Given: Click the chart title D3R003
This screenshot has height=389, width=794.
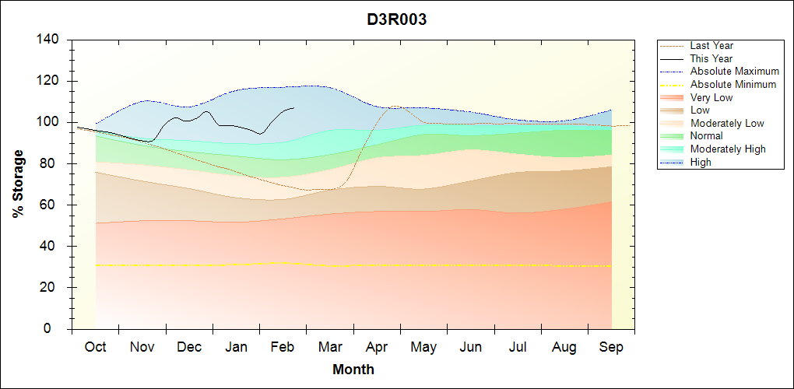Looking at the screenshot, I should click(397, 20).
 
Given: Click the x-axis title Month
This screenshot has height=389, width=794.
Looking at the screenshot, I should click(353, 370).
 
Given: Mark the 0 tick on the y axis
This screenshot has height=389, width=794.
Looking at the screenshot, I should click(58, 329).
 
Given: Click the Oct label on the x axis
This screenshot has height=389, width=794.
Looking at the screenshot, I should click(95, 347).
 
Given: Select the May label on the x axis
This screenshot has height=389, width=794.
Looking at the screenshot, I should click(423, 347).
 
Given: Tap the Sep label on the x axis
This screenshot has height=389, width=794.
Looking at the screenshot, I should click(611, 347).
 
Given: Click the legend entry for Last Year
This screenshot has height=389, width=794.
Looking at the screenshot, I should click(711, 46).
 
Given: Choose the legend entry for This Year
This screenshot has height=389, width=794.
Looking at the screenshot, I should click(711, 58).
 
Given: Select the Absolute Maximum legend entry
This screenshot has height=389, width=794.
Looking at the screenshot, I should click(734, 72).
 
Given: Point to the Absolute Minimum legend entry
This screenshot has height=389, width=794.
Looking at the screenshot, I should click(733, 84).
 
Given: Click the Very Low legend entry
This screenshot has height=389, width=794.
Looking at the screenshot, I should click(711, 97).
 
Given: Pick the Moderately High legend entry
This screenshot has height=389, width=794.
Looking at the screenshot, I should click(728, 149).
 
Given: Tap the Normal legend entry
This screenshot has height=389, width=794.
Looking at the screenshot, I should click(706, 136).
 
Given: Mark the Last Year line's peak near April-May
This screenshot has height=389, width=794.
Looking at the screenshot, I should click(394, 106).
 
